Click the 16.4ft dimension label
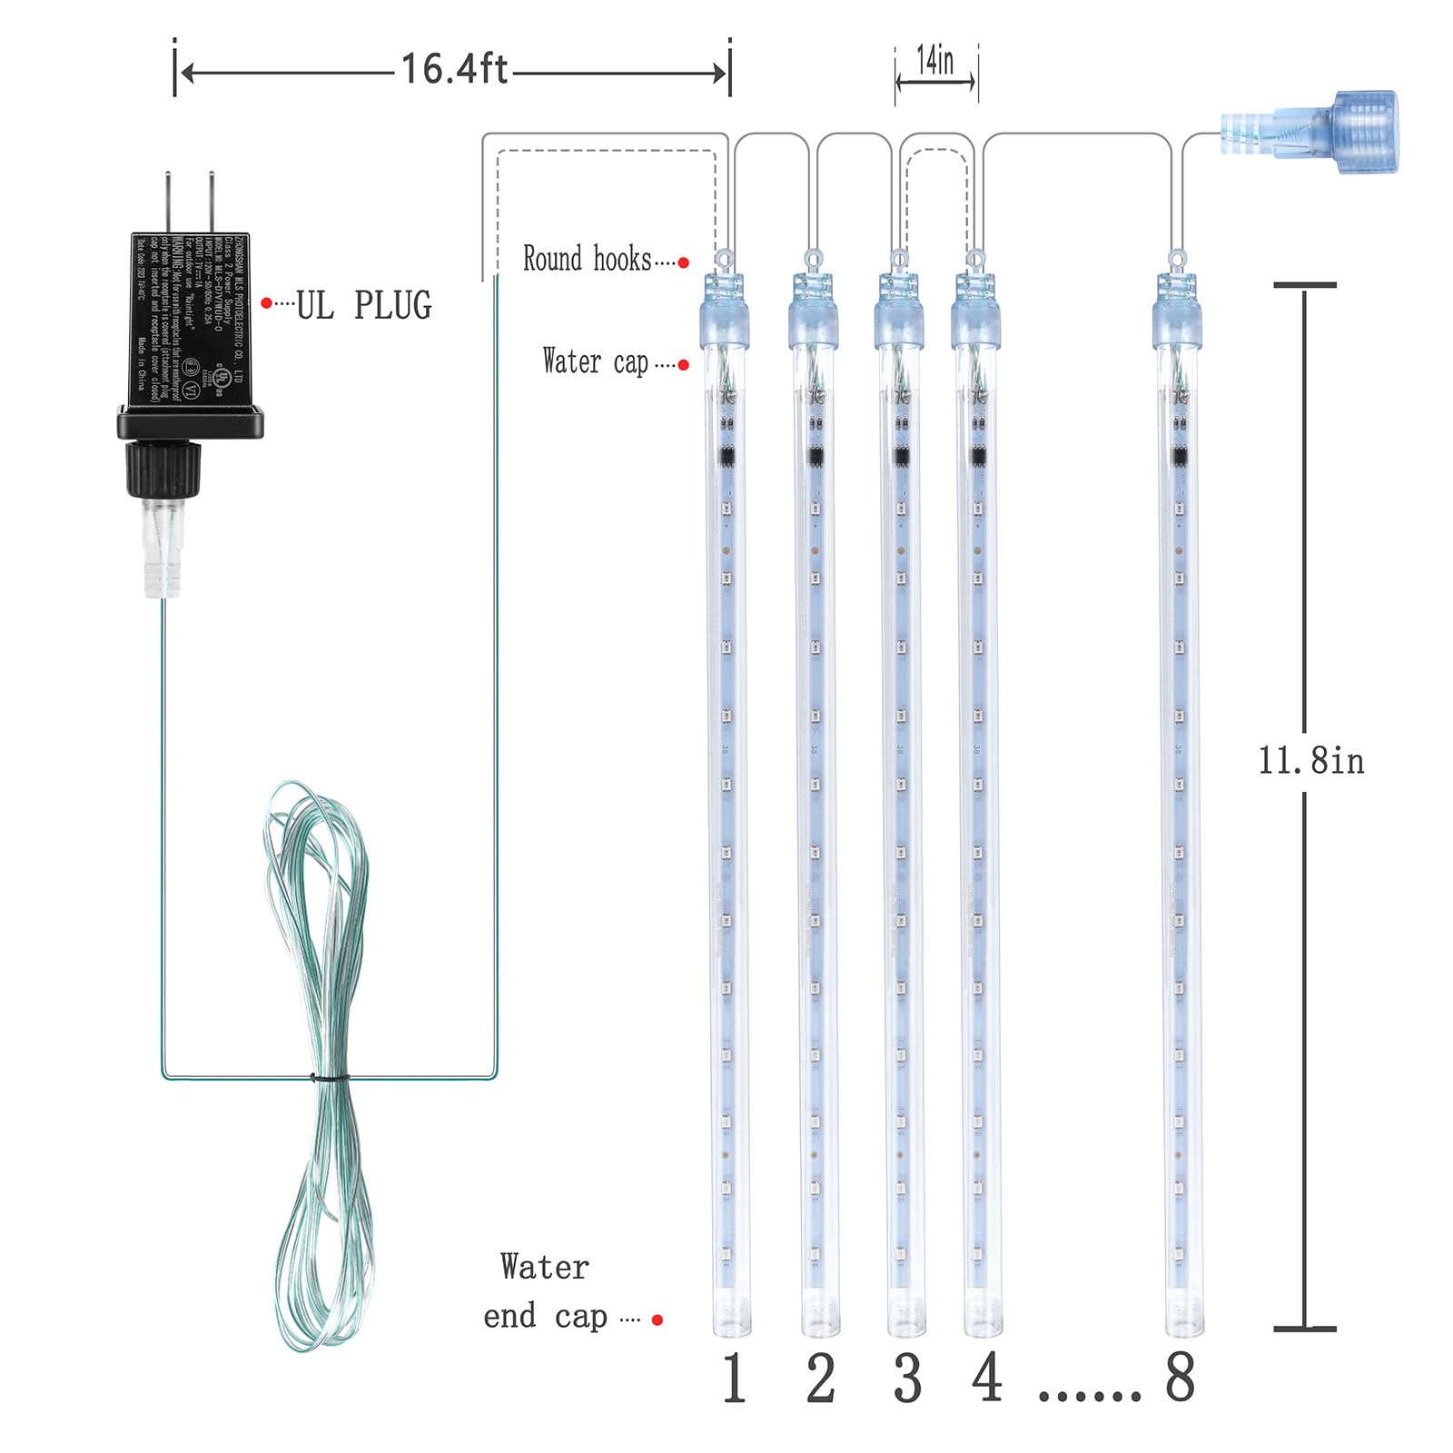454,69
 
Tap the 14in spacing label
935,61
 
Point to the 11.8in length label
1310,760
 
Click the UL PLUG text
364,306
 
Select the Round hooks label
587,259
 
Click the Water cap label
595,361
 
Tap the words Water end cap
545,1291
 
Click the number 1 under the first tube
734,1379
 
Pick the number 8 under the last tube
1180,1377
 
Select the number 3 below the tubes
907,1379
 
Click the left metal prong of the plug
168,202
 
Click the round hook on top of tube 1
724,260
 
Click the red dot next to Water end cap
657,1320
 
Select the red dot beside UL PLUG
266,302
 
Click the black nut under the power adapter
163,468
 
